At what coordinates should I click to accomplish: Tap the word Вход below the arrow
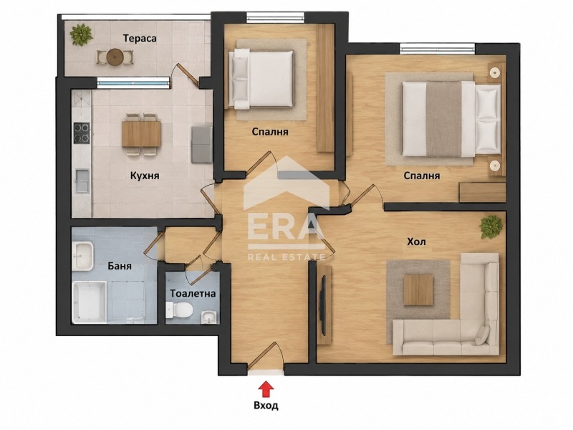coord(266,406)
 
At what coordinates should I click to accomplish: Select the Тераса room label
coord(140,39)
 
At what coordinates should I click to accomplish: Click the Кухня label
coord(145,176)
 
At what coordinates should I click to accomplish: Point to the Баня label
coord(120,266)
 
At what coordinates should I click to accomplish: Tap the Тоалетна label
coord(193,294)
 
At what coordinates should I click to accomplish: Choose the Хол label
coord(417,242)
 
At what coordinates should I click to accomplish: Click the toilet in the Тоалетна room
coord(179,310)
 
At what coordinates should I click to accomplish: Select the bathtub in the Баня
coord(89,302)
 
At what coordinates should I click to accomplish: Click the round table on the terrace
coord(115,57)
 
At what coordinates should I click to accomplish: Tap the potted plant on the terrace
coord(81,34)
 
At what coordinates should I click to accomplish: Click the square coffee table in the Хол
coord(418,290)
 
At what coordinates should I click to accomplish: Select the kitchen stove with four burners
coord(82,133)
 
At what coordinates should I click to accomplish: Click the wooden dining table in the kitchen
coord(141,134)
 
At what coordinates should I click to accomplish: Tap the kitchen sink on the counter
coord(82,181)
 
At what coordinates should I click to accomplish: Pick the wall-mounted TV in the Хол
coord(323,305)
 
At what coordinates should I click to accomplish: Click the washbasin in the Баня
coord(82,257)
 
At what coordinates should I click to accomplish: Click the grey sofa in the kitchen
coord(201,145)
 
